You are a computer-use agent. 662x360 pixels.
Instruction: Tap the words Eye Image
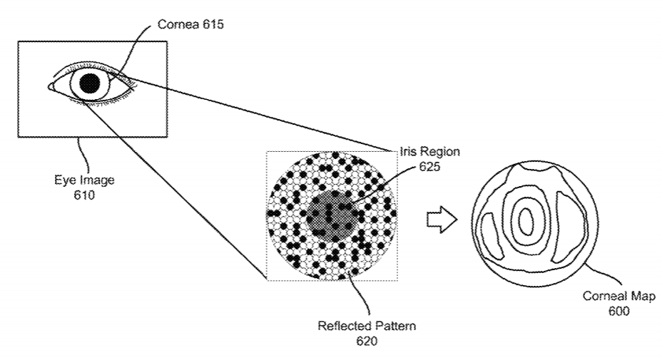coord(84,180)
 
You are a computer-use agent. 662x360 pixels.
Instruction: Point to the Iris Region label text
coord(429,152)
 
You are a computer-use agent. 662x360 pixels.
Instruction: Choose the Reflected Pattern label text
coord(367,326)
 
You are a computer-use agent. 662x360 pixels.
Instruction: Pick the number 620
coord(366,341)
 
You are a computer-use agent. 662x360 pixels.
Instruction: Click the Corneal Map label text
coord(618,297)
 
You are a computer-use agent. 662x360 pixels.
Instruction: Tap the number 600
coord(618,312)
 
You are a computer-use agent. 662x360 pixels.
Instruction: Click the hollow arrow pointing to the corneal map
coord(441,221)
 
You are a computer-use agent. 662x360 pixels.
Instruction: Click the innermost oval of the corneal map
coord(526,222)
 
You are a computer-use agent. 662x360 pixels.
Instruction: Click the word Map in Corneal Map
coord(641,297)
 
